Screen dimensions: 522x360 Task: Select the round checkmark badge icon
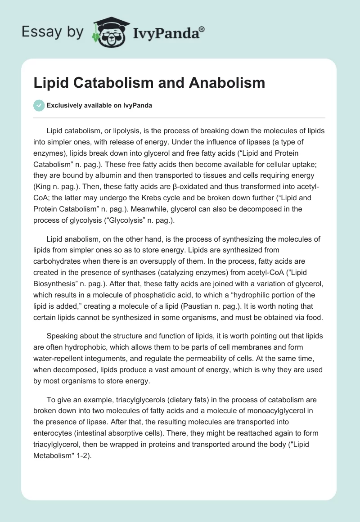(39, 105)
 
